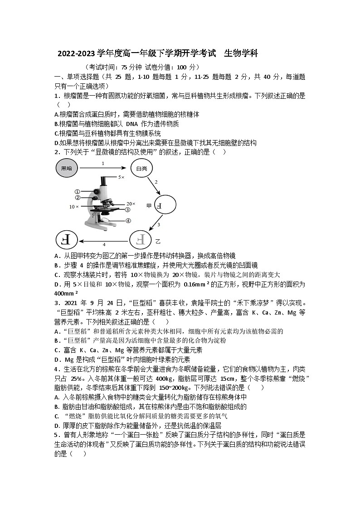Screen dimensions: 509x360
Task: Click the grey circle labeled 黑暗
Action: click(66, 168)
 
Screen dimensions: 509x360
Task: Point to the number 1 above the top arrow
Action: click(103, 163)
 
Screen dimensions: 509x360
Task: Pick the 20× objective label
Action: click(131, 204)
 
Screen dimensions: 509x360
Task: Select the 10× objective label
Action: click(74, 207)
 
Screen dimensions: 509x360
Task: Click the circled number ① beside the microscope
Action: click(78, 192)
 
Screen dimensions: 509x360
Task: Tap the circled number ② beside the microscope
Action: click(78, 198)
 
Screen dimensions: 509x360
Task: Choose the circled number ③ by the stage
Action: click(128, 210)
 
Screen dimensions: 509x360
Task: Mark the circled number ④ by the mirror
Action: click(128, 221)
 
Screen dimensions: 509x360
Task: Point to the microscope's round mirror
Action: click(105, 221)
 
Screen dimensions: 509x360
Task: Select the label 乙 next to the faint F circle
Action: click(158, 240)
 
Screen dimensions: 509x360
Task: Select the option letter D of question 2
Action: click(56, 284)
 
